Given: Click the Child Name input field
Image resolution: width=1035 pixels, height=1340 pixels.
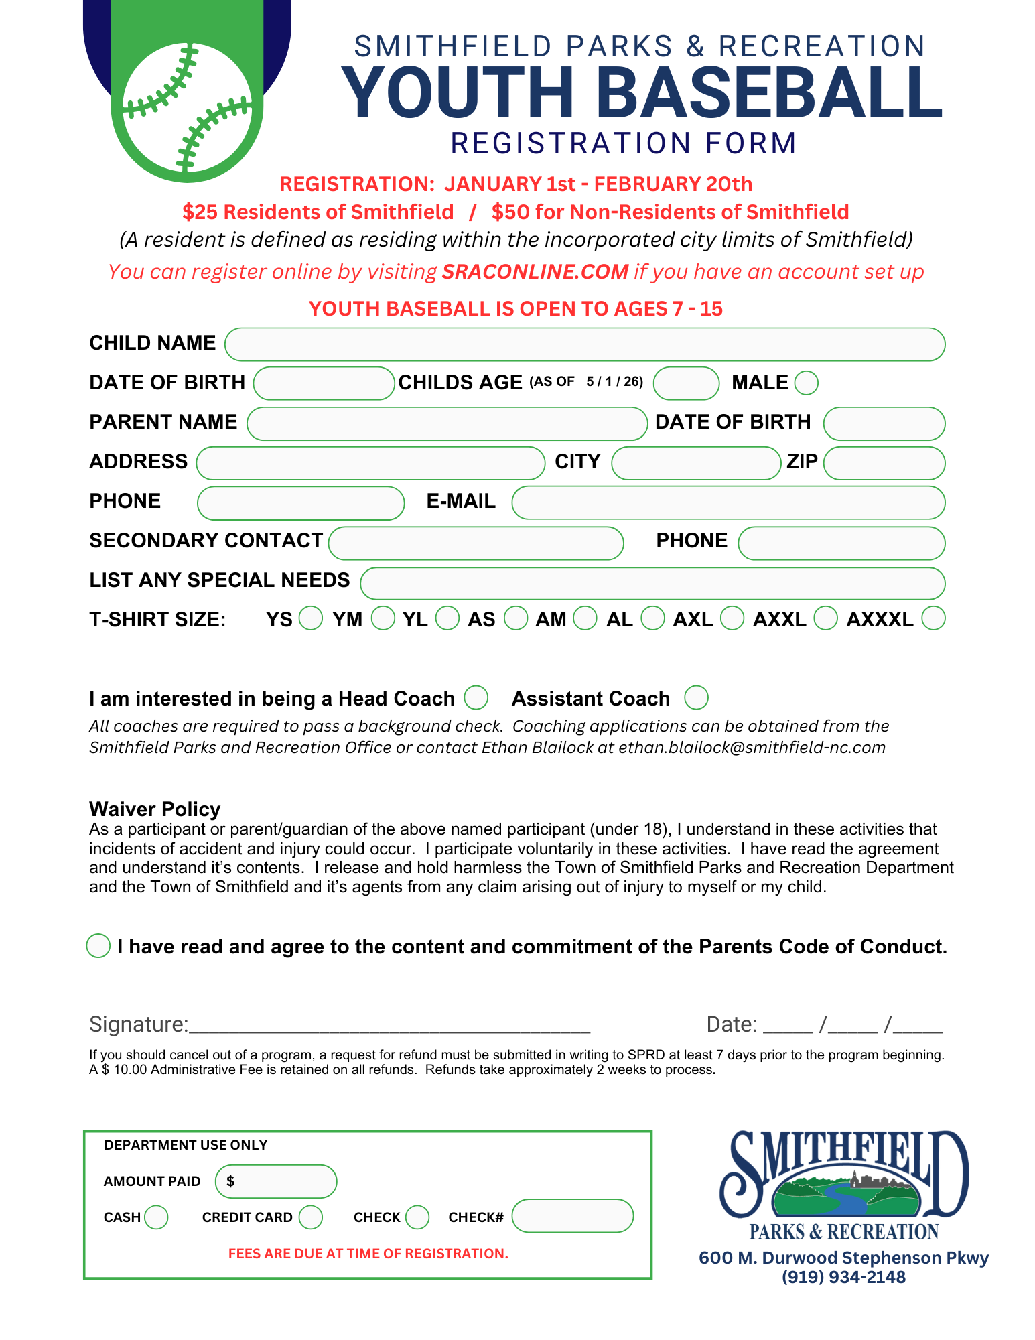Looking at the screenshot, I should click(584, 344).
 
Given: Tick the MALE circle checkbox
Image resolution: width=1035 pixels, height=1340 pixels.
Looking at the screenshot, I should click(806, 383).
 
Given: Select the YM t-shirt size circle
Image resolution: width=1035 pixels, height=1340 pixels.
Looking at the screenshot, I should click(383, 618).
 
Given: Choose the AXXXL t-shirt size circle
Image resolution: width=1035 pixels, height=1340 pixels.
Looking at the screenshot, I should click(933, 618).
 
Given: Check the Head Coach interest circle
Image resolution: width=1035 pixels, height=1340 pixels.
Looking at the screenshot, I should click(476, 697).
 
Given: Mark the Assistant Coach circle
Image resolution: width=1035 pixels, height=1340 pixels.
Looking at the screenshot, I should click(696, 697).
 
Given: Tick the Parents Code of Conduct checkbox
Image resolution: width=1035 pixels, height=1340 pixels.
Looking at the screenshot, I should click(98, 945).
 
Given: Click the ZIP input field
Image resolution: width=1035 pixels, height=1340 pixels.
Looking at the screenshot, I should click(884, 463).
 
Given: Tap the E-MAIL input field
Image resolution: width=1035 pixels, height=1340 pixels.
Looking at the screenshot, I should click(728, 503).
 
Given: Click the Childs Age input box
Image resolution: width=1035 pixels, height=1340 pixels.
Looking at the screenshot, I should click(686, 383).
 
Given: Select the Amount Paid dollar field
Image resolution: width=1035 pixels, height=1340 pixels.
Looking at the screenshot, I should click(276, 1181).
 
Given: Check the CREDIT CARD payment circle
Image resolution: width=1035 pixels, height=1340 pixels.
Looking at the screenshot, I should click(311, 1217).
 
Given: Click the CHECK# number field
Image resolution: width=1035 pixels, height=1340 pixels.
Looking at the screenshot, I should click(572, 1216).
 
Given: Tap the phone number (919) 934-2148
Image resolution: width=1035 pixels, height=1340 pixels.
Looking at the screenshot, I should click(843, 1277).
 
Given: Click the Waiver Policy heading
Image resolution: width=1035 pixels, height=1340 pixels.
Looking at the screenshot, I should click(155, 809).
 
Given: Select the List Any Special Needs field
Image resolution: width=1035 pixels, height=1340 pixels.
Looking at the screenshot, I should click(652, 583).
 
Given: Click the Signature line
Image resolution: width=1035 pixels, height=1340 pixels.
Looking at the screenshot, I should click(389, 1025).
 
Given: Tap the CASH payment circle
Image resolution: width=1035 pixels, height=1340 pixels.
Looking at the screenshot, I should click(156, 1217).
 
